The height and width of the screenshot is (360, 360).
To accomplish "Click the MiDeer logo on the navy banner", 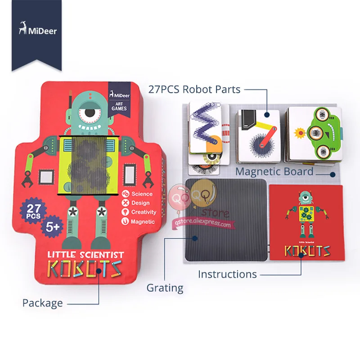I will [x=37, y=31].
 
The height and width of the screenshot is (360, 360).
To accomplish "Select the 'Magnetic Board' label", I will [x=274, y=171].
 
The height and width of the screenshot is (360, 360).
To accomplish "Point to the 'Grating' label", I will [x=165, y=288].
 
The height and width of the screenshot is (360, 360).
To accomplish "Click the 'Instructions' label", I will [x=227, y=274].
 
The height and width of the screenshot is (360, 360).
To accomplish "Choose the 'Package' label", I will [x=43, y=303].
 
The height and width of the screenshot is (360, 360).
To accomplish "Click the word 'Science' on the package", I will [x=142, y=194].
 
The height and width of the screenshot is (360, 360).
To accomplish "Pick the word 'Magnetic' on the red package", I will [x=143, y=221].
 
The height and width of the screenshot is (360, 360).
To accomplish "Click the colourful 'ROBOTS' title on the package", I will [x=85, y=269].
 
